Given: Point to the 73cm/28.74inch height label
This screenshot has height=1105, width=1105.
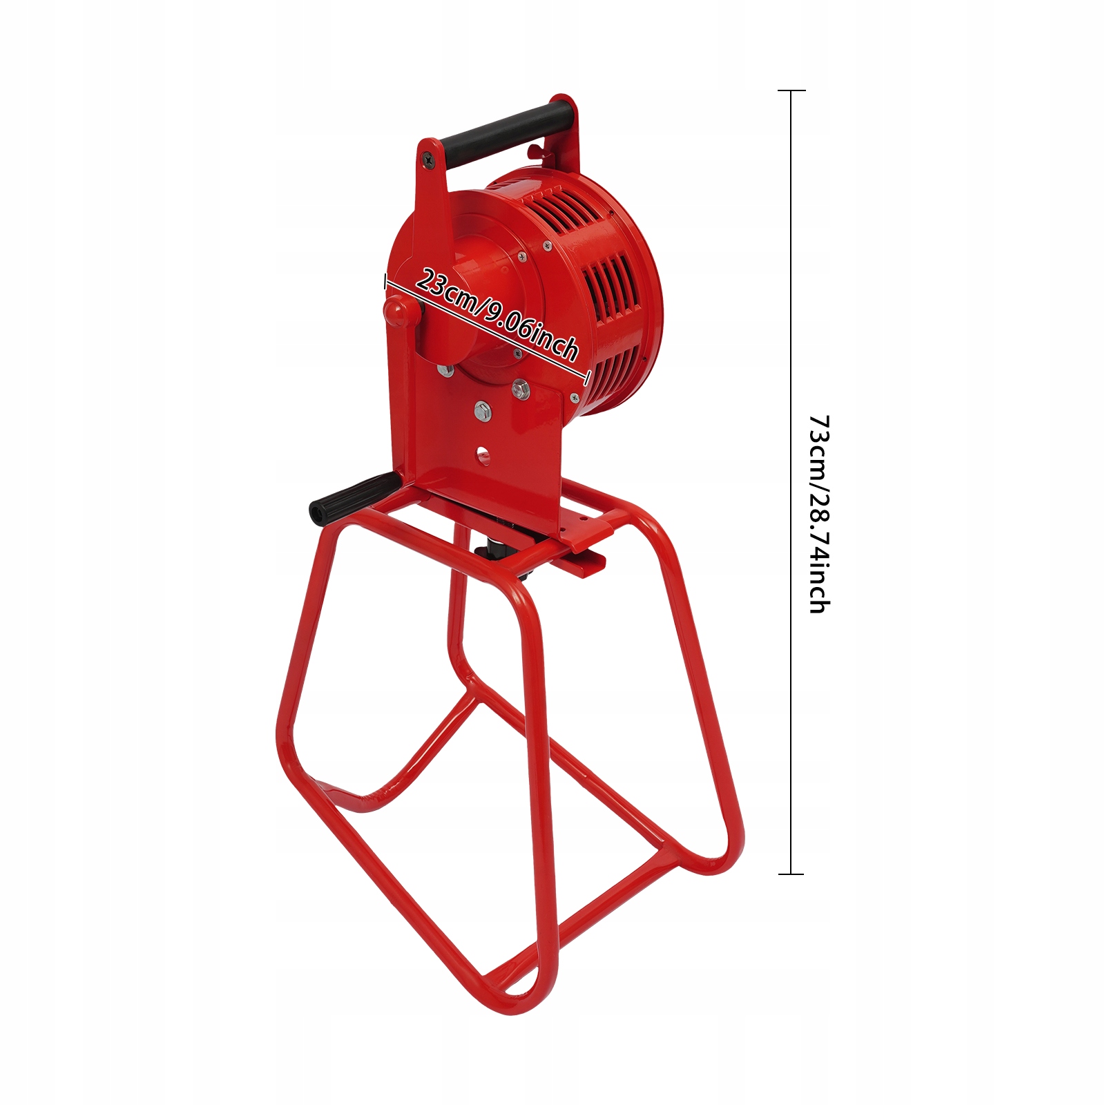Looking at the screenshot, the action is pos(819,514).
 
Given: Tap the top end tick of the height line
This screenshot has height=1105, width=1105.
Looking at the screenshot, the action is pos(791,90).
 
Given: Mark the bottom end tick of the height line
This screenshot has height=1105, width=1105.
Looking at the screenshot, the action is pos(791,874).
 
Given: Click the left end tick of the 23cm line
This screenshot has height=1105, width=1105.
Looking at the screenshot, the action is pos(385,280).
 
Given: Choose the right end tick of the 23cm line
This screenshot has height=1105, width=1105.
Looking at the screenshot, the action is pos(588,378).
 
